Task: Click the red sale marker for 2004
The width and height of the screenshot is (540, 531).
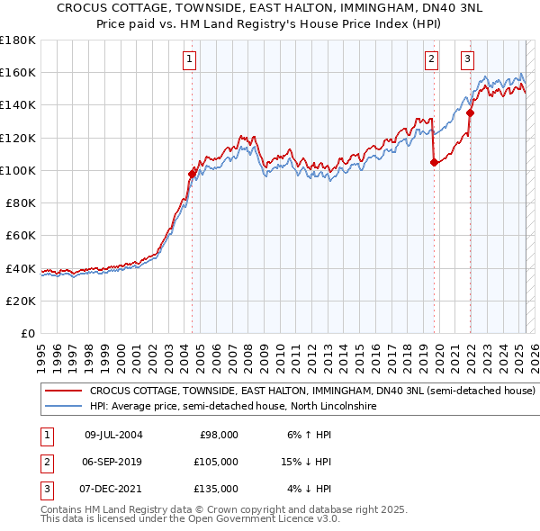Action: click(x=192, y=174)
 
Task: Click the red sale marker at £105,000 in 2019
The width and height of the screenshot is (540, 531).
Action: click(x=434, y=162)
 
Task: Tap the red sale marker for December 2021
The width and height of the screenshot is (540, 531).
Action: click(x=470, y=113)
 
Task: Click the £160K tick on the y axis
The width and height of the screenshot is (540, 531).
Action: click(x=19, y=72)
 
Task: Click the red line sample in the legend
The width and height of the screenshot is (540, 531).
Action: click(x=63, y=391)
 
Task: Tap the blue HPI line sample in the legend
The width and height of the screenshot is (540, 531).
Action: click(x=63, y=407)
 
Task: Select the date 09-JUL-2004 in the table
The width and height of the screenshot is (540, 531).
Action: click(x=113, y=435)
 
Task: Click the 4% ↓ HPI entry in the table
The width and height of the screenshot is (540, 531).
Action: click(x=309, y=489)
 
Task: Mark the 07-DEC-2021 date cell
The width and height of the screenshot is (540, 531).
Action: click(x=113, y=489)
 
